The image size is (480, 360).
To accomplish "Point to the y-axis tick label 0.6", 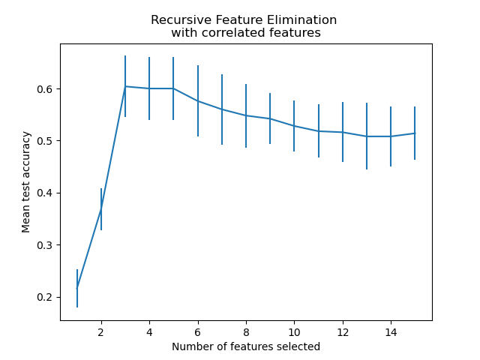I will [x=46, y=89].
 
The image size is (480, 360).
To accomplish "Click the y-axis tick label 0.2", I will [x=46, y=297].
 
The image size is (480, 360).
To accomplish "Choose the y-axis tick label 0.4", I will [x=46, y=193].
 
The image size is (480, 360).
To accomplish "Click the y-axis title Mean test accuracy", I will [x=26, y=181].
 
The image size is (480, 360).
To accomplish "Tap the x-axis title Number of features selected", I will [x=246, y=346].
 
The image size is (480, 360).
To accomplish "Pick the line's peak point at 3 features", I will [x=125, y=86].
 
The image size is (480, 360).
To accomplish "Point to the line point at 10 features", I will [x=294, y=126].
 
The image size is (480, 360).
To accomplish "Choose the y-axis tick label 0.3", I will [x=46, y=245].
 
